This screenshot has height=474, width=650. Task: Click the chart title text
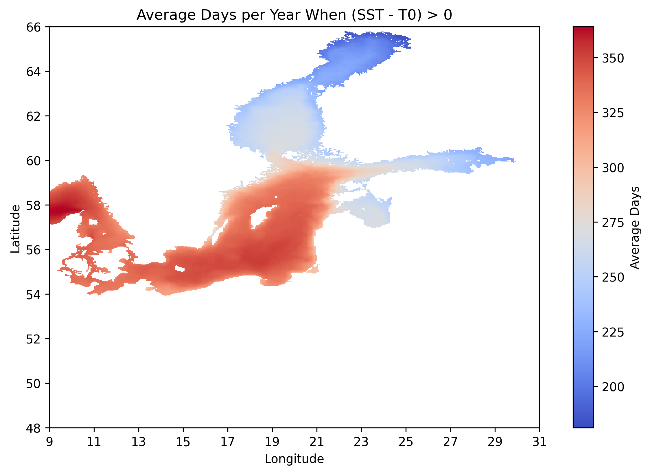[x=294, y=15]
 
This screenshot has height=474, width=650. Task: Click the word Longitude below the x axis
[x=294, y=459]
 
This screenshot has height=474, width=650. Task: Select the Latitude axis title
[x=15, y=229]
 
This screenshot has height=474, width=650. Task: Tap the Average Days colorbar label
[x=635, y=227]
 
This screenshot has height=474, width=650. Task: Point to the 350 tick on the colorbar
[x=613, y=58]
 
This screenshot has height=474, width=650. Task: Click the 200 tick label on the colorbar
[x=613, y=387]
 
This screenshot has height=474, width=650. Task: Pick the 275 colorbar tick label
[x=613, y=223]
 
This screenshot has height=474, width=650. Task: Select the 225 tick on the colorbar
[x=613, y=332]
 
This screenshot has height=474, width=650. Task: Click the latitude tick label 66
[x=33, y=27]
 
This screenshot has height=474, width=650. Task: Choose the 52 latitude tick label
[x=33, y=339]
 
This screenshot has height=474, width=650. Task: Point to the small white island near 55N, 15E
[x=180, y=269]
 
